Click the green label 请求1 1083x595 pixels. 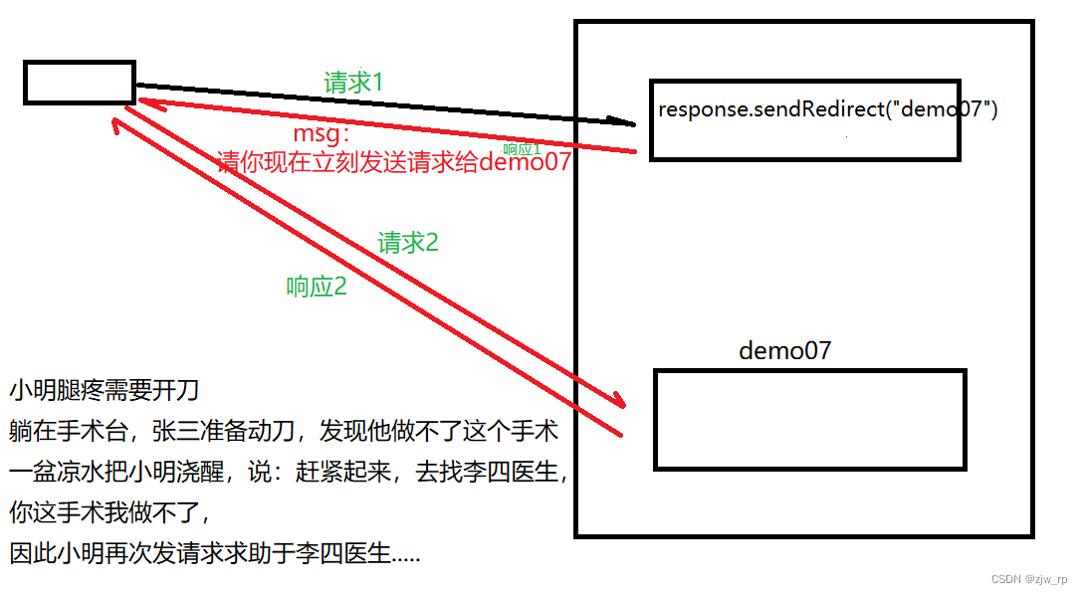353,83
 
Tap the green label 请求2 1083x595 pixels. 408,242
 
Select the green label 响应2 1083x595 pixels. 317,287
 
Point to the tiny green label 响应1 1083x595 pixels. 522,148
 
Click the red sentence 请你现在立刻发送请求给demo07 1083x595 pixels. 394,162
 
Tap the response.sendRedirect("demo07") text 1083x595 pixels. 827,108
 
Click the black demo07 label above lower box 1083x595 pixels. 784,350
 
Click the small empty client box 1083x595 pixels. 79,83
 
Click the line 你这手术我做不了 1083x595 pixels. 108,513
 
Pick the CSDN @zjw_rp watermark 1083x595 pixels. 1026,578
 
